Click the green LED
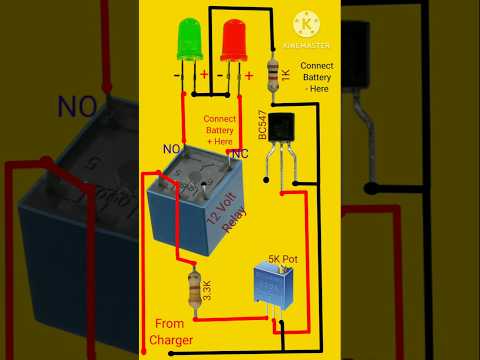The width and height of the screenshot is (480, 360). (x=187, y=40)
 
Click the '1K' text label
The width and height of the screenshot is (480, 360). (x=286, y=73)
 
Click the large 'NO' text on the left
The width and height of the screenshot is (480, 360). (x=77, y=104)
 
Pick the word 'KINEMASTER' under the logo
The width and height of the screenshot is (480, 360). (x=307, y=45)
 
